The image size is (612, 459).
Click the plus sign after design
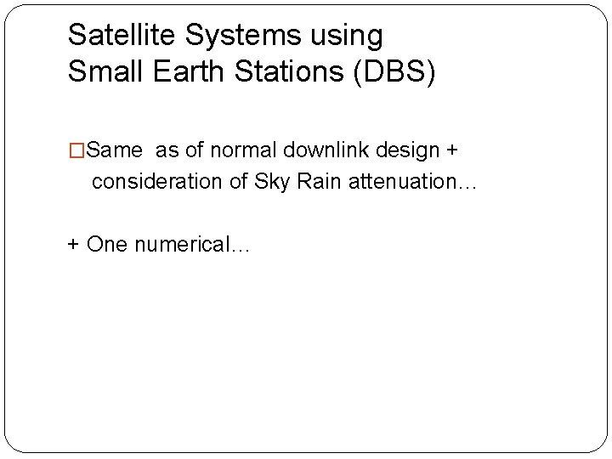click(x=451, y=151)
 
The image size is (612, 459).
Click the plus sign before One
click(x=74, y=244)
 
